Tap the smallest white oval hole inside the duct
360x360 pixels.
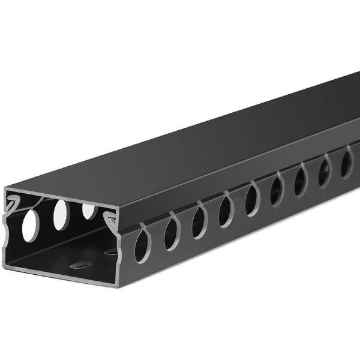coord(89,211)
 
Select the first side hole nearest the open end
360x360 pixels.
coord(140,245)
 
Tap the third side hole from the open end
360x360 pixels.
coord(199,222)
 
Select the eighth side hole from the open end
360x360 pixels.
coord(325,169)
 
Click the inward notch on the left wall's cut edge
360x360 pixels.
coord(8,231)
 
